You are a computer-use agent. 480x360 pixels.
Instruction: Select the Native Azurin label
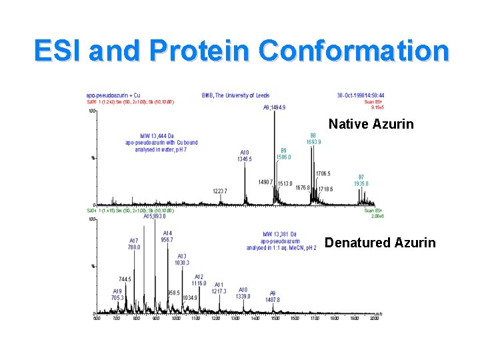click(x=371, y=124)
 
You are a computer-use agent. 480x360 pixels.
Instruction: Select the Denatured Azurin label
click(x=379, y=243)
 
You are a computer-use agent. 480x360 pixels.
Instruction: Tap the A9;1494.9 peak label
click(x=274, y=107)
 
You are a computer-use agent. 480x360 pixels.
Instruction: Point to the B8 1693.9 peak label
click(x=313, y=138)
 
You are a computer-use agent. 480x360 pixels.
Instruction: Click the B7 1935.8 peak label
click(x=361, y=180)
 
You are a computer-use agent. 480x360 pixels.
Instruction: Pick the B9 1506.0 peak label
click(x=284, y=154)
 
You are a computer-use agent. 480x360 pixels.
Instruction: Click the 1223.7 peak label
click(x=220, y=191)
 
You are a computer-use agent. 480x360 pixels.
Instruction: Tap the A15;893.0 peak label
click(x=154, y=216)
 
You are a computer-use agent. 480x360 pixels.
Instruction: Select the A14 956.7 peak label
click(x=167, y=236)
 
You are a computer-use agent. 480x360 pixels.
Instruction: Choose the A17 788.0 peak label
click(x=134, y=243)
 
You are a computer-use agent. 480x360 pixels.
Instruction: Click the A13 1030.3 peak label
click(x=181, y=259)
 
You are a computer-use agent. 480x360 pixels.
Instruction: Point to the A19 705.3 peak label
click(x=117, y=295)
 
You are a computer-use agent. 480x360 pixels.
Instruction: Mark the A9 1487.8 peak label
click(x=273, y=297)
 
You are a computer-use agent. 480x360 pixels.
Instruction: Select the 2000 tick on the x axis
click(x=374, y=318)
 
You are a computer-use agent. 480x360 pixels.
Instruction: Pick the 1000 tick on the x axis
click(x=176, y=318)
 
